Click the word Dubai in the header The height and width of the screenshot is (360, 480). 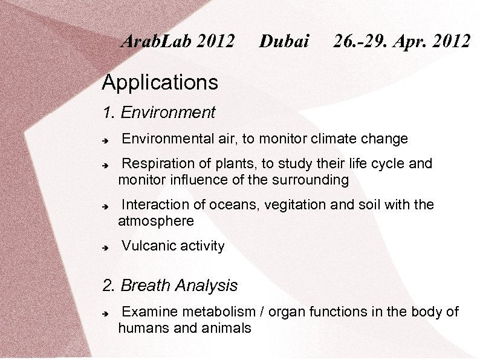pos(284,41)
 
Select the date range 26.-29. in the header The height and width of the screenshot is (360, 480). pos(365,41)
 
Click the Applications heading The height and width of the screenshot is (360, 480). pos(160,82)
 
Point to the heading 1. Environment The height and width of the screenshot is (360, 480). pos(158,113)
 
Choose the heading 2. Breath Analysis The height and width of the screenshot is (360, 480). pos(170,286)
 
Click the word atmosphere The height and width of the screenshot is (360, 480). pos(156,221)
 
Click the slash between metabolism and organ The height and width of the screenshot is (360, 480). pos(262,312)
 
